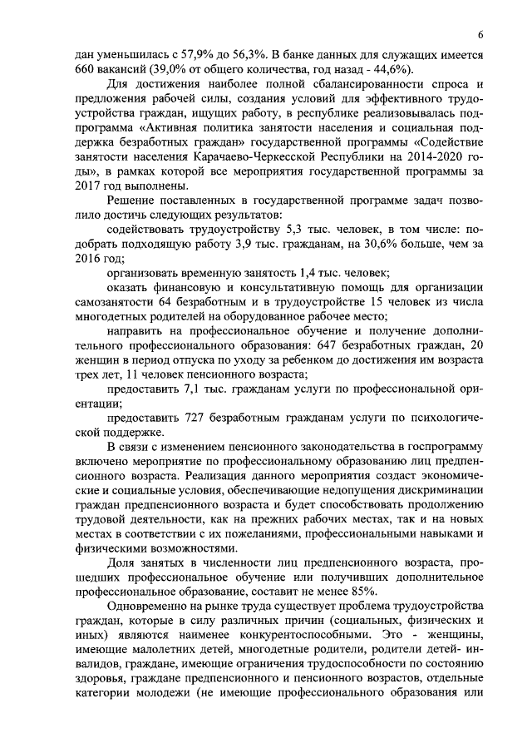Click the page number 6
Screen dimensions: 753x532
click(481, 33)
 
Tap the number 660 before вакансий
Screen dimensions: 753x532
click(84, 68)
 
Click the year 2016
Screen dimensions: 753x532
click(86, 258)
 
